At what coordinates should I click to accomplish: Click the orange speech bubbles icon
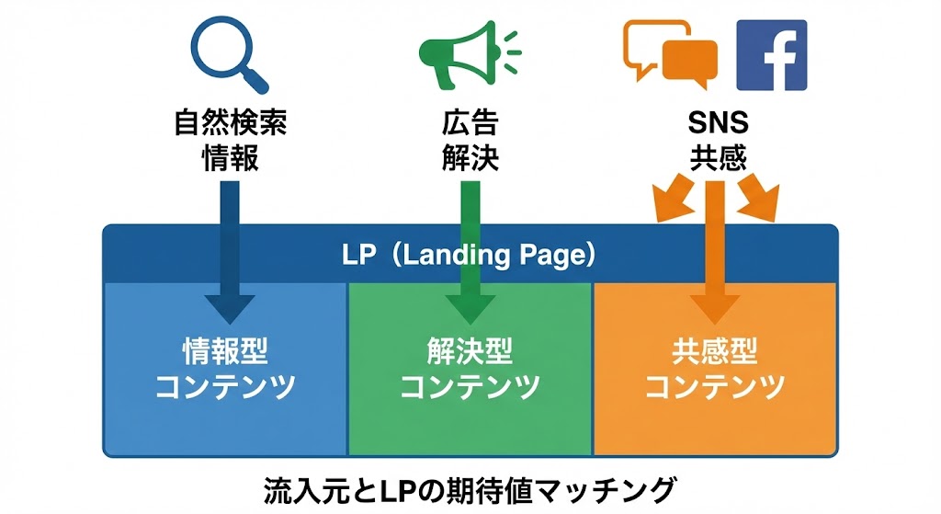670,54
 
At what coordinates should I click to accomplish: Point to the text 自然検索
230,123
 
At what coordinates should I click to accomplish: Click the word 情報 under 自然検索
230,158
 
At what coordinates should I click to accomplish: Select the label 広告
470,123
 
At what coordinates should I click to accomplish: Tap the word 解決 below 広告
470,158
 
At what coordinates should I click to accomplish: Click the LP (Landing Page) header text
470,254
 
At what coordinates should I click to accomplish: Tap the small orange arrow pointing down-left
669,201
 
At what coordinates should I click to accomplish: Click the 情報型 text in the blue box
226,352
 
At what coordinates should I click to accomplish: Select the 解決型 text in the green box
470,352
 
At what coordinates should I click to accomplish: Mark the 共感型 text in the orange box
714,352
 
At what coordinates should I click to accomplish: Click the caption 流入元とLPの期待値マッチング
470,488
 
